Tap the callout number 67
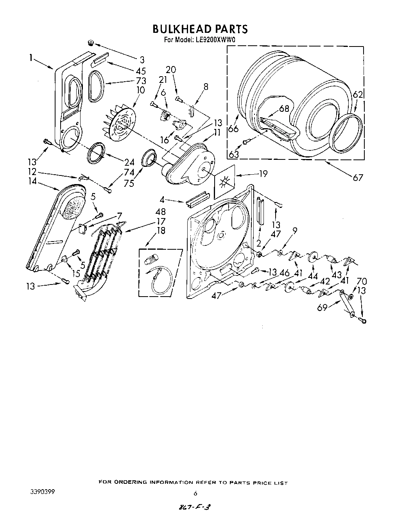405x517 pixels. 358,178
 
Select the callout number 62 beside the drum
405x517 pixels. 358,94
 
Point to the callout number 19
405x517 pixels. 263,173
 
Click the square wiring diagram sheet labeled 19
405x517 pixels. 225,181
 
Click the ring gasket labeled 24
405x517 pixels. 97,153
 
